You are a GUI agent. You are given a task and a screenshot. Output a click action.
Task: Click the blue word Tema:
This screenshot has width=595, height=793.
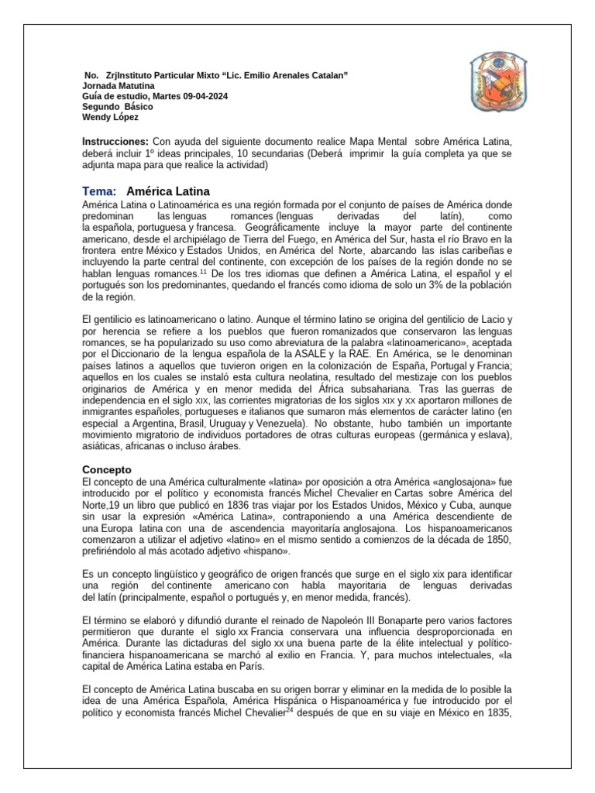click(x=99, y=191)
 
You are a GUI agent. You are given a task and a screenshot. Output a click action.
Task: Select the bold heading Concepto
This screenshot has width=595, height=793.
click(x=108, y=469)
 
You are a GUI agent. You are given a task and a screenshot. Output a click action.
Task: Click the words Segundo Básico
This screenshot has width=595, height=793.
click(x=118, y=107)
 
